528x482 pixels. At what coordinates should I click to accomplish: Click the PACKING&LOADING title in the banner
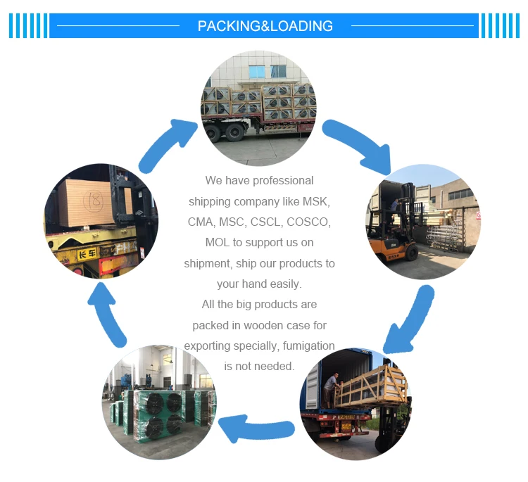(265, 26)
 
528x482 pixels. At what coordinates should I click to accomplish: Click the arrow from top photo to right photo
(357, 145)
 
